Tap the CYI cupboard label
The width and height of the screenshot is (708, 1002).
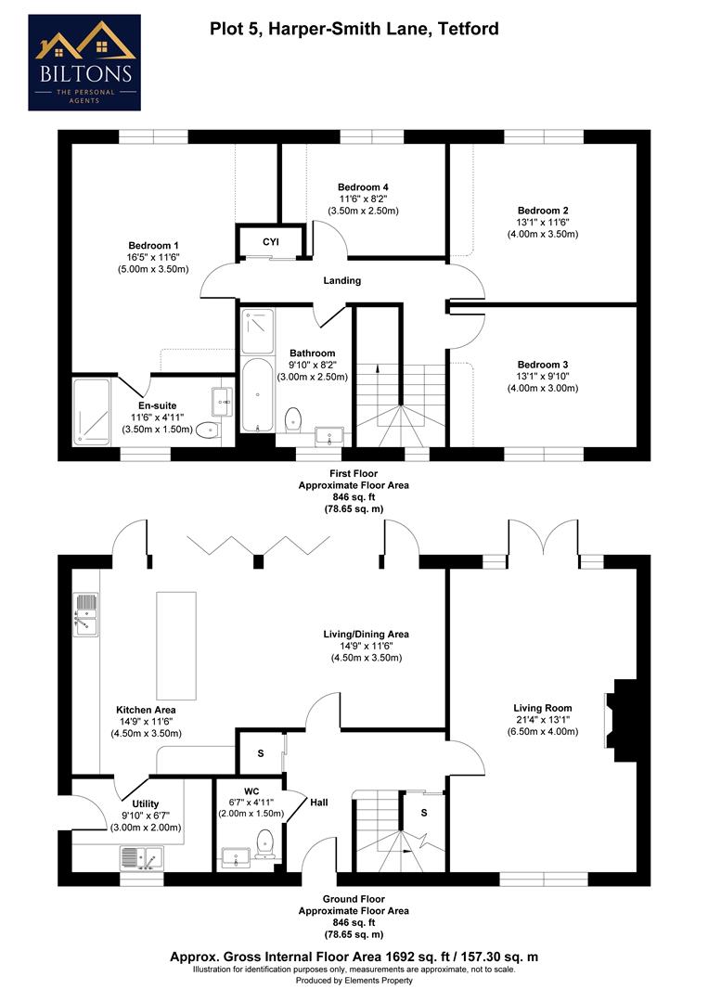(x=270, y=242)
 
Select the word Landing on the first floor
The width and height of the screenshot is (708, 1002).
(x=342, y=280)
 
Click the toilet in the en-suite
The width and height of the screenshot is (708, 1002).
(x=209, y=429)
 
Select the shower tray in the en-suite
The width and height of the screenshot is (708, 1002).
(x=94, y=408)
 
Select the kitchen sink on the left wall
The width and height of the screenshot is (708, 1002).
(x=85, y=614)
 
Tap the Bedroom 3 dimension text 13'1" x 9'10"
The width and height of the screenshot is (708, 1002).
(x=547, y=376)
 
